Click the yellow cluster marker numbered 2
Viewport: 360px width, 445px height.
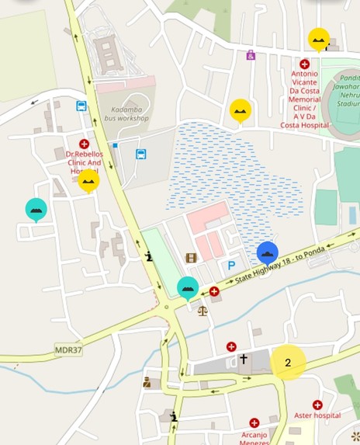pos(288,362)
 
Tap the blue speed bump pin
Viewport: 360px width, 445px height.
pos(268,252)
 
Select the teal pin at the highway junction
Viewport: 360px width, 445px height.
pos(188,287)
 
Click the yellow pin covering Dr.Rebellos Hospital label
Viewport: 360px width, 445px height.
pos(88,180)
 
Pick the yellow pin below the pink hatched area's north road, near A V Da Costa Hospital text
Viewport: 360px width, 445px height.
pos(241,110)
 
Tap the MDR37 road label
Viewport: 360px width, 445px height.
pos(68,351)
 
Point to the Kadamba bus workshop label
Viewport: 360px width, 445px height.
pos(127,115)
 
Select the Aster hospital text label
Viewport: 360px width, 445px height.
pos(317,415)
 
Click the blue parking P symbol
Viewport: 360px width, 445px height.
pos(231,266)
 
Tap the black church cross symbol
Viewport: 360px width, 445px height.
pos(243,360)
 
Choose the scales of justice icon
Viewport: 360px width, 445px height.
pos(202,310)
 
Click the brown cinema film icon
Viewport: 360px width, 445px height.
pos(191,258)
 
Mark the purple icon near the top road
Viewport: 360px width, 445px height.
pos(251,55)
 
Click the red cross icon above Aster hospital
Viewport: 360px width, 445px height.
pos(317,405)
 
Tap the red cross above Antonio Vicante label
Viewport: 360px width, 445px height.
pos(305,64)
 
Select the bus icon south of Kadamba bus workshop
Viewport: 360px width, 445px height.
pos(141,154)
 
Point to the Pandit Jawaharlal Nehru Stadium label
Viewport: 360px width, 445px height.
pos(347,91)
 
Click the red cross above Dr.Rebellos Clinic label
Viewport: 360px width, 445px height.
pos(85,144)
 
